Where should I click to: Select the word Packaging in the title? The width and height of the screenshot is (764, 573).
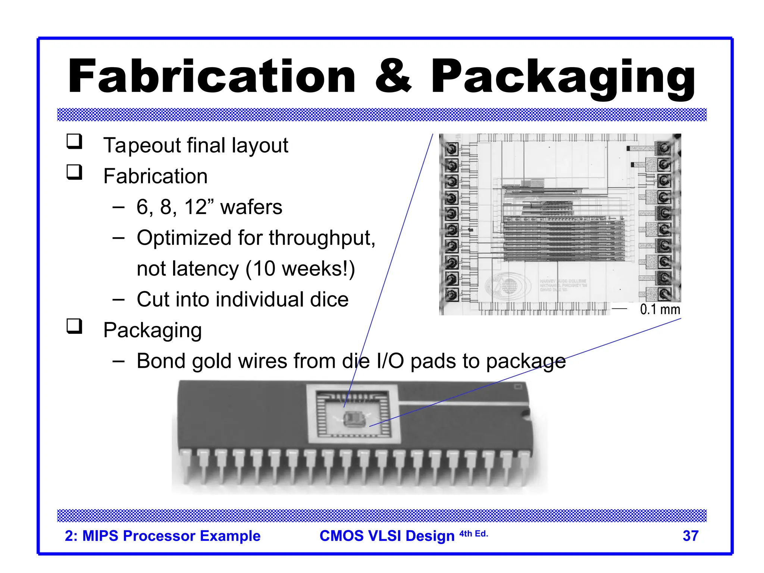(x=563, y=78)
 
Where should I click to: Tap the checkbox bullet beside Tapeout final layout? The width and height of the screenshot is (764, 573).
(x=74, y=142)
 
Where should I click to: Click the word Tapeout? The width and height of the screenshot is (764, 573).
(x=142, y=145)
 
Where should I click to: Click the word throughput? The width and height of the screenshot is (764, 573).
(x=322, y=238)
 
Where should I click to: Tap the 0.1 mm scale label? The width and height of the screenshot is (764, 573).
(x=660, y=309)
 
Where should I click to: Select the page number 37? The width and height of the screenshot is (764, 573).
(x=690, y=536)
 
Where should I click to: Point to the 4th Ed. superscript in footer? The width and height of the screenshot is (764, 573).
(x=473, y=534)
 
